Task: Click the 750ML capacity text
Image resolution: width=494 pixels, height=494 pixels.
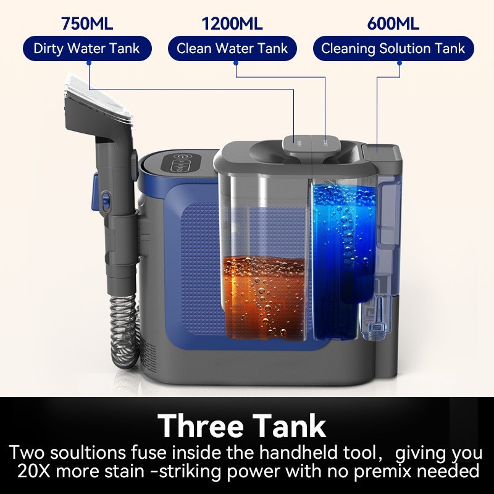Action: (87, 23)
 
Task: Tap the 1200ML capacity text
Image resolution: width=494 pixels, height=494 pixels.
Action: (232, 23)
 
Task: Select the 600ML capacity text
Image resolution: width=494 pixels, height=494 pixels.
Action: (393, 23)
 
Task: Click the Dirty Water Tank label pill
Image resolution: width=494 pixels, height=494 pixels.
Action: (87, 49)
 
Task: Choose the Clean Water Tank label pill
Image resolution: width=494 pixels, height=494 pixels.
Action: (232, 49)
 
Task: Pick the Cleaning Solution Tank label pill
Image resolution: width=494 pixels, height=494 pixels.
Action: (393, 49)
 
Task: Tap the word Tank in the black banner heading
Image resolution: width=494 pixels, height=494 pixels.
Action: (289, 425)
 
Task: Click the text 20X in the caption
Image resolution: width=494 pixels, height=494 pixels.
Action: (34, 472)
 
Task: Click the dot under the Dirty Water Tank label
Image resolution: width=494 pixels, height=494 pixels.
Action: (89, 64)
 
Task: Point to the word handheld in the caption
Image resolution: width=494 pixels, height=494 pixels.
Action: (295, 453)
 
